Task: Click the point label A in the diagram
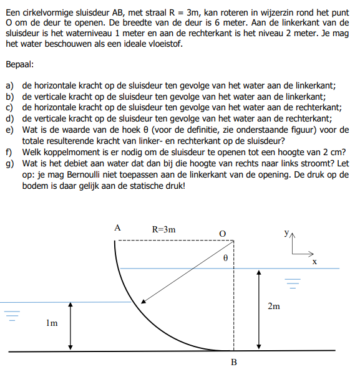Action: (117, 228)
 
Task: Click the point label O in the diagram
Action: (222, 232)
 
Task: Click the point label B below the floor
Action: (233, 364)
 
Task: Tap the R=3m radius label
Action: (164, 229)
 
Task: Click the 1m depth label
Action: (52, 323)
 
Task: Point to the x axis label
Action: (314, 262)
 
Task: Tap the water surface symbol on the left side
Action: (10, 315)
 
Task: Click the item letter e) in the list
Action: (9, 130)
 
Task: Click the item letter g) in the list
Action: (9, 163)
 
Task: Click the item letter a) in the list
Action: (9, 85)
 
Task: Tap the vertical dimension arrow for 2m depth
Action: (258, 310)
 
